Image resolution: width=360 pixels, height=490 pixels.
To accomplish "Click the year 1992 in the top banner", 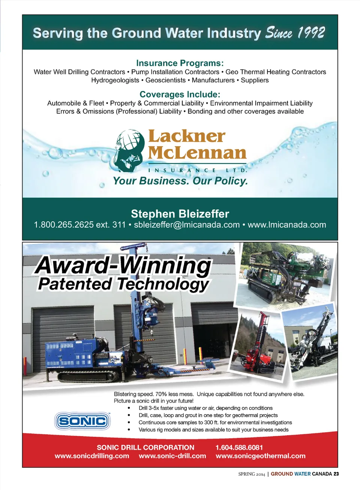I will point(311,33).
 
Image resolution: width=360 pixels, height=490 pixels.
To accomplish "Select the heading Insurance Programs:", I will point(180,63).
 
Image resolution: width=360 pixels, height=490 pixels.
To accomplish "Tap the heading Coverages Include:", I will point(180,94).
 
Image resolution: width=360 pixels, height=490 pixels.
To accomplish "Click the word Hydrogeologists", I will point(115,80).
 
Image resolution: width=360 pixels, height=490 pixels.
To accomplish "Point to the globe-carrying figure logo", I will point(129,150).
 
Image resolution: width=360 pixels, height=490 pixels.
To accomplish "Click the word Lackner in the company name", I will point(187,136).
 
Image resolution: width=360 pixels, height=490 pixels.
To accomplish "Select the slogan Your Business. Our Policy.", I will point(180,181).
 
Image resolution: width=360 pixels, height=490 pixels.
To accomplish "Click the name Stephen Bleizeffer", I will point(180,214).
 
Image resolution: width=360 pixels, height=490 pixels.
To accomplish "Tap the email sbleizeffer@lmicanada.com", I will point(187,225).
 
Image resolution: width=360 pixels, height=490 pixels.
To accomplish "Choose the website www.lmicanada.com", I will point(287,225).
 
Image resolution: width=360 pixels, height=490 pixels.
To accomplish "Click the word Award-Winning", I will point(124,265).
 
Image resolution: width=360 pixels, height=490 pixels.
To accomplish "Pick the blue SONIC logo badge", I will point(82,421).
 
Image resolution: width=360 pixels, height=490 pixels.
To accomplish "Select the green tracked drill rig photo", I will point(285,276).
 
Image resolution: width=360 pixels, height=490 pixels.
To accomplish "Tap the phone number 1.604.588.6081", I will point(239,447).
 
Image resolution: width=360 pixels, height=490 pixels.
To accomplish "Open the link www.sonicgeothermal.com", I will point(261,456).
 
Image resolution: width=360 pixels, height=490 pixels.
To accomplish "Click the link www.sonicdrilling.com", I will point(92,456).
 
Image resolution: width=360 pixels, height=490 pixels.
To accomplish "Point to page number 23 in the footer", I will point(336,474).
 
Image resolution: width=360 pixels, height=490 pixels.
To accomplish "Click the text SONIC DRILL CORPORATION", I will point(145,447).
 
